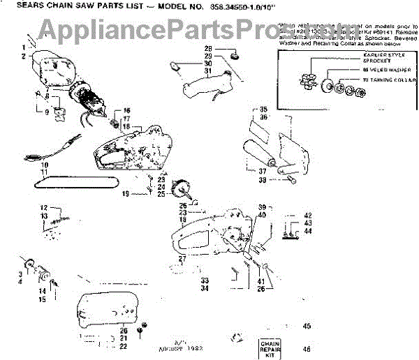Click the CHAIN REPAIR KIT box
tap(274, 347)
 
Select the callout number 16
tap(126, 111)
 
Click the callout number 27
tap(183, 259)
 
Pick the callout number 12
tap(43, 207)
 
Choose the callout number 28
tap(208, 48)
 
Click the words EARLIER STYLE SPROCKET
tap(380, 57)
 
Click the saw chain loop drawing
tap(66, 183)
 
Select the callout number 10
tap(43, 165)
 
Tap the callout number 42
tap(307, 216)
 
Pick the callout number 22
tap(123, 345)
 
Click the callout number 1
tap(22, 46)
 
